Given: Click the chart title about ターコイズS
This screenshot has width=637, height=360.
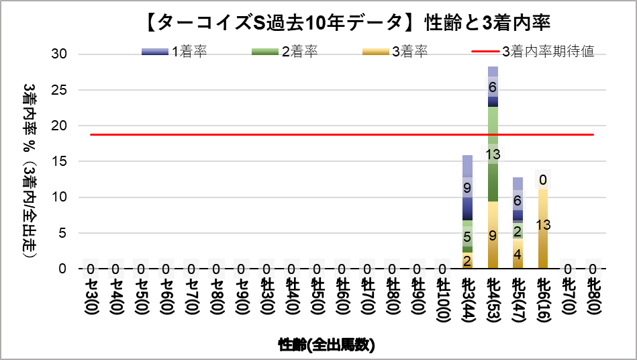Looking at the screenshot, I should point(347,23).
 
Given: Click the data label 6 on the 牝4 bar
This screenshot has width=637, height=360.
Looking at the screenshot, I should point(493,87).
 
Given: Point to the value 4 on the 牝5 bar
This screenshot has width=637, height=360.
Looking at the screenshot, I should point(518,255).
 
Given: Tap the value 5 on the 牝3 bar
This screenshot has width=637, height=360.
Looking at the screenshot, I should point(467,237).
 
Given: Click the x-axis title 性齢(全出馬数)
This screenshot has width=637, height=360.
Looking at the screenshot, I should point(326,345).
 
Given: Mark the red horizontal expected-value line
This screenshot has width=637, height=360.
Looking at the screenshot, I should point(268,134).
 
